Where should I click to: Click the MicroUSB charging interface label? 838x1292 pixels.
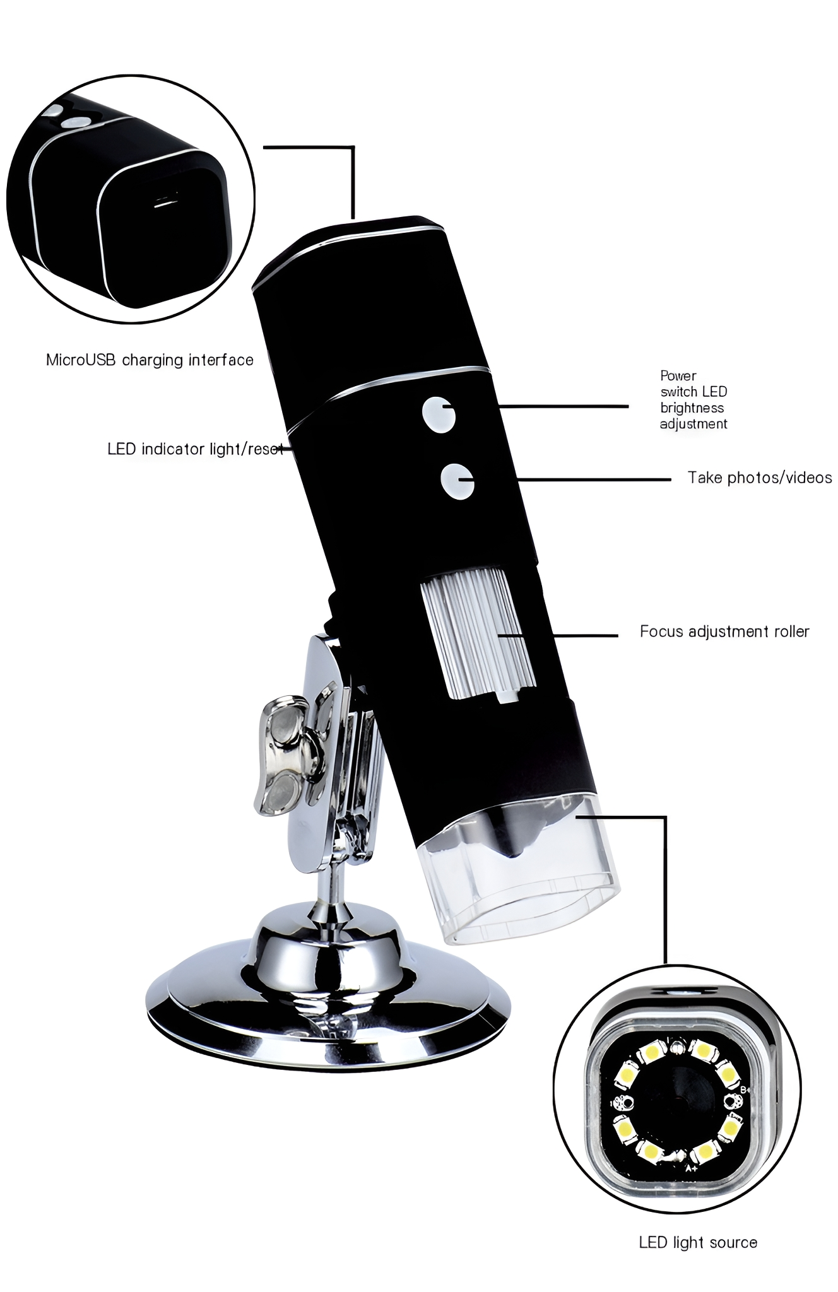click(150, 360)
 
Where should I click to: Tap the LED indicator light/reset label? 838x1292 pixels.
click(195, 449)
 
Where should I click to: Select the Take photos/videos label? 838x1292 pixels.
click(760, 478)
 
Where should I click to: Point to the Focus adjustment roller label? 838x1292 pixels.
click(724, 631)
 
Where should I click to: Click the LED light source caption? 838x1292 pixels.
click(698, 1242)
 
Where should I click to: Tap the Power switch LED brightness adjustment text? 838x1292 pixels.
click(693, 400)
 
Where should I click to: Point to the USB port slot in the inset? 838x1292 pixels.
click(165, 203)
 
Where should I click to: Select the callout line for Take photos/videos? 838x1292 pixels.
click(593, 479)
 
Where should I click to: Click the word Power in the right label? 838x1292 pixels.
click(678, 376)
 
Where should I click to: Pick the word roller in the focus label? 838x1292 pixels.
click(791, 631)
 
